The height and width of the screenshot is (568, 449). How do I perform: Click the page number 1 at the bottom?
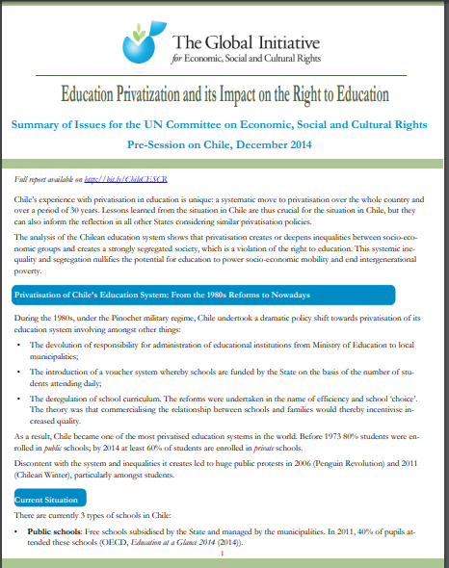pos(224,555)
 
